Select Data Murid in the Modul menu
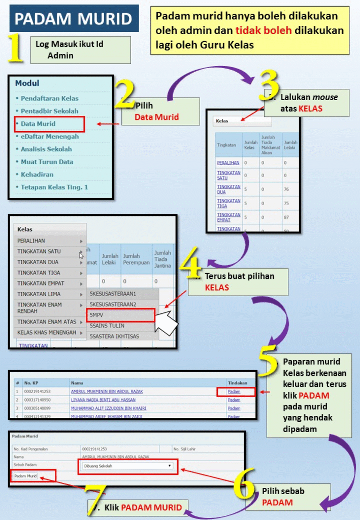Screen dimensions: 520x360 [x=38, y=123]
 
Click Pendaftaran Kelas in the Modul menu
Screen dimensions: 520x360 [x=49, y=98]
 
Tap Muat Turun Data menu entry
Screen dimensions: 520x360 [x=47, y=161]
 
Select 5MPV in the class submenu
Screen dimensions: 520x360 [x=97, y=315]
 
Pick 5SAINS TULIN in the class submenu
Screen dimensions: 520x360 [x=107, y=326]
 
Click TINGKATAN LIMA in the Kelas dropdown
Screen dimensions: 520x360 [x=39, y=294]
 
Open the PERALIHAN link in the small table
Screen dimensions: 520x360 [x=228, y=162]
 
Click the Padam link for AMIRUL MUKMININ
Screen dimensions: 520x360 [x=234, y=392]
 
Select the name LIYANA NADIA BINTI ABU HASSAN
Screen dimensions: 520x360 [x=103, y=400]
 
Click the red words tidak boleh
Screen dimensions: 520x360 [x=264, y=30]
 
